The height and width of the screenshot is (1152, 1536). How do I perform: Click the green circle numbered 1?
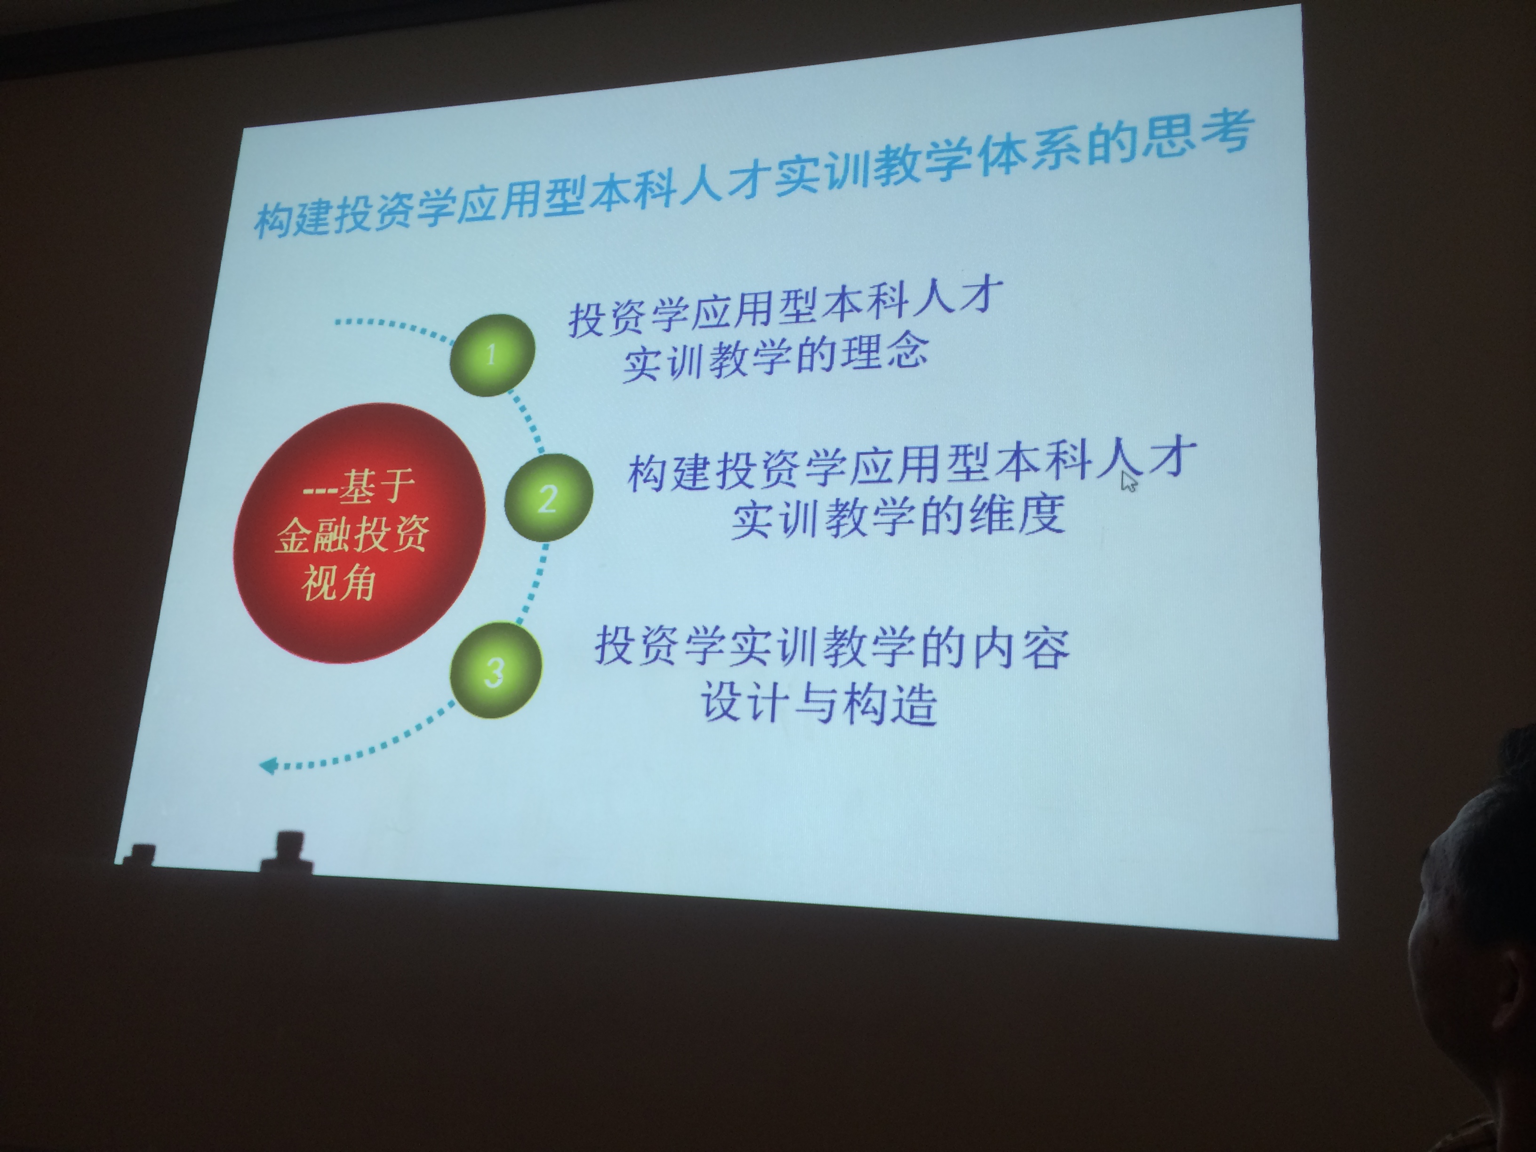click(x=492, y=355)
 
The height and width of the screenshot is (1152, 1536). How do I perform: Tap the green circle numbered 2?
click(x=548, y=497)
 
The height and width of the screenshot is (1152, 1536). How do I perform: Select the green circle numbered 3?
click(x=495, y=670)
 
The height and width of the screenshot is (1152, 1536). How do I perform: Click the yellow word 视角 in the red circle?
click(x=339, y=582)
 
